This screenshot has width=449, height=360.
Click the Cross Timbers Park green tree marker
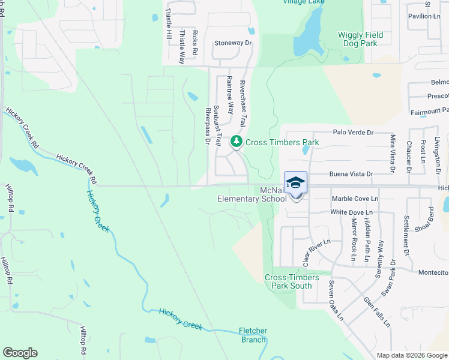237,142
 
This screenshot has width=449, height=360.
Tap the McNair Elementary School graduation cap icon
295,182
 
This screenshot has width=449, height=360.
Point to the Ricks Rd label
195,43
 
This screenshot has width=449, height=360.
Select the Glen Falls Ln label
376,311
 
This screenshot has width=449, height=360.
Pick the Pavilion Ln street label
424,16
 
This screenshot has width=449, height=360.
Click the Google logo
20,353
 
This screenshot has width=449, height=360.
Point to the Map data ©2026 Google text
411,355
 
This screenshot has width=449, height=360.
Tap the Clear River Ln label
316,253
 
